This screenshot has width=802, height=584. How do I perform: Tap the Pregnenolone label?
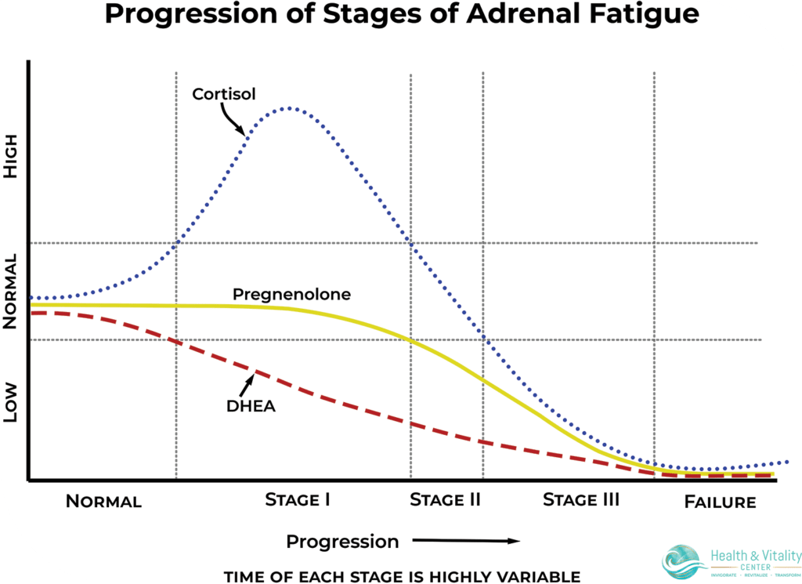coord(291,295)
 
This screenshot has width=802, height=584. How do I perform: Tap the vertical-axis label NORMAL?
coord(11,292)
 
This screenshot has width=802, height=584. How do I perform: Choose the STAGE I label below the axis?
coord(297,499)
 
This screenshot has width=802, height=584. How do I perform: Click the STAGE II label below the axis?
coord(445,499)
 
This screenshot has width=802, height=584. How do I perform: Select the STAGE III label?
coord(581,499)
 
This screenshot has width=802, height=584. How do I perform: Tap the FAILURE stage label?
coord(721,502)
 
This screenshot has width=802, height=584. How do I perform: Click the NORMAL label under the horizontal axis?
coord(103,502)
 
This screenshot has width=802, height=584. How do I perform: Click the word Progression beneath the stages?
coord(342,541)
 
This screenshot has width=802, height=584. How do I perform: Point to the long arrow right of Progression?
coord(466,540)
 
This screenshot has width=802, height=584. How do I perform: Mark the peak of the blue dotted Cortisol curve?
coord(289,107)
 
